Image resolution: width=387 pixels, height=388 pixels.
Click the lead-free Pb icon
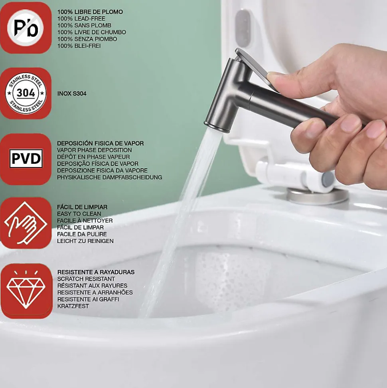(26, 28)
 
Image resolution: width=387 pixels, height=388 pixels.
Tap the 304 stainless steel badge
(26, 93)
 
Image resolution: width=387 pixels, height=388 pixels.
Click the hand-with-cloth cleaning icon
(26, 223)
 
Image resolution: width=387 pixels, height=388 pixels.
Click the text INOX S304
(72, 94)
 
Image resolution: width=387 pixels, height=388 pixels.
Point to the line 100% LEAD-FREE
(81, 19)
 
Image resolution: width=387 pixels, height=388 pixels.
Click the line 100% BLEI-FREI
(79, 46)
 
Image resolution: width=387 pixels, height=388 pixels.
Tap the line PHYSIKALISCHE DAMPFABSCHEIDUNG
(109, 177)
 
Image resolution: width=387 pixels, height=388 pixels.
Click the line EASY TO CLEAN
(79, 214)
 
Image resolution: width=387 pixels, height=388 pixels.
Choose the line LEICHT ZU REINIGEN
(85, 241)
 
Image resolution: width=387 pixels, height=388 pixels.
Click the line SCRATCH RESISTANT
(86, 279)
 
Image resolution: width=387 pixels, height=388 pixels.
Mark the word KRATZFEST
(73, 306)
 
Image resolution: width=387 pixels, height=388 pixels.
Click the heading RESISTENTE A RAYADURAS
(96, 272)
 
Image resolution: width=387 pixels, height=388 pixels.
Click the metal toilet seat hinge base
(317, 196)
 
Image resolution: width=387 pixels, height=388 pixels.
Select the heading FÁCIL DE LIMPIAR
(82, 207)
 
